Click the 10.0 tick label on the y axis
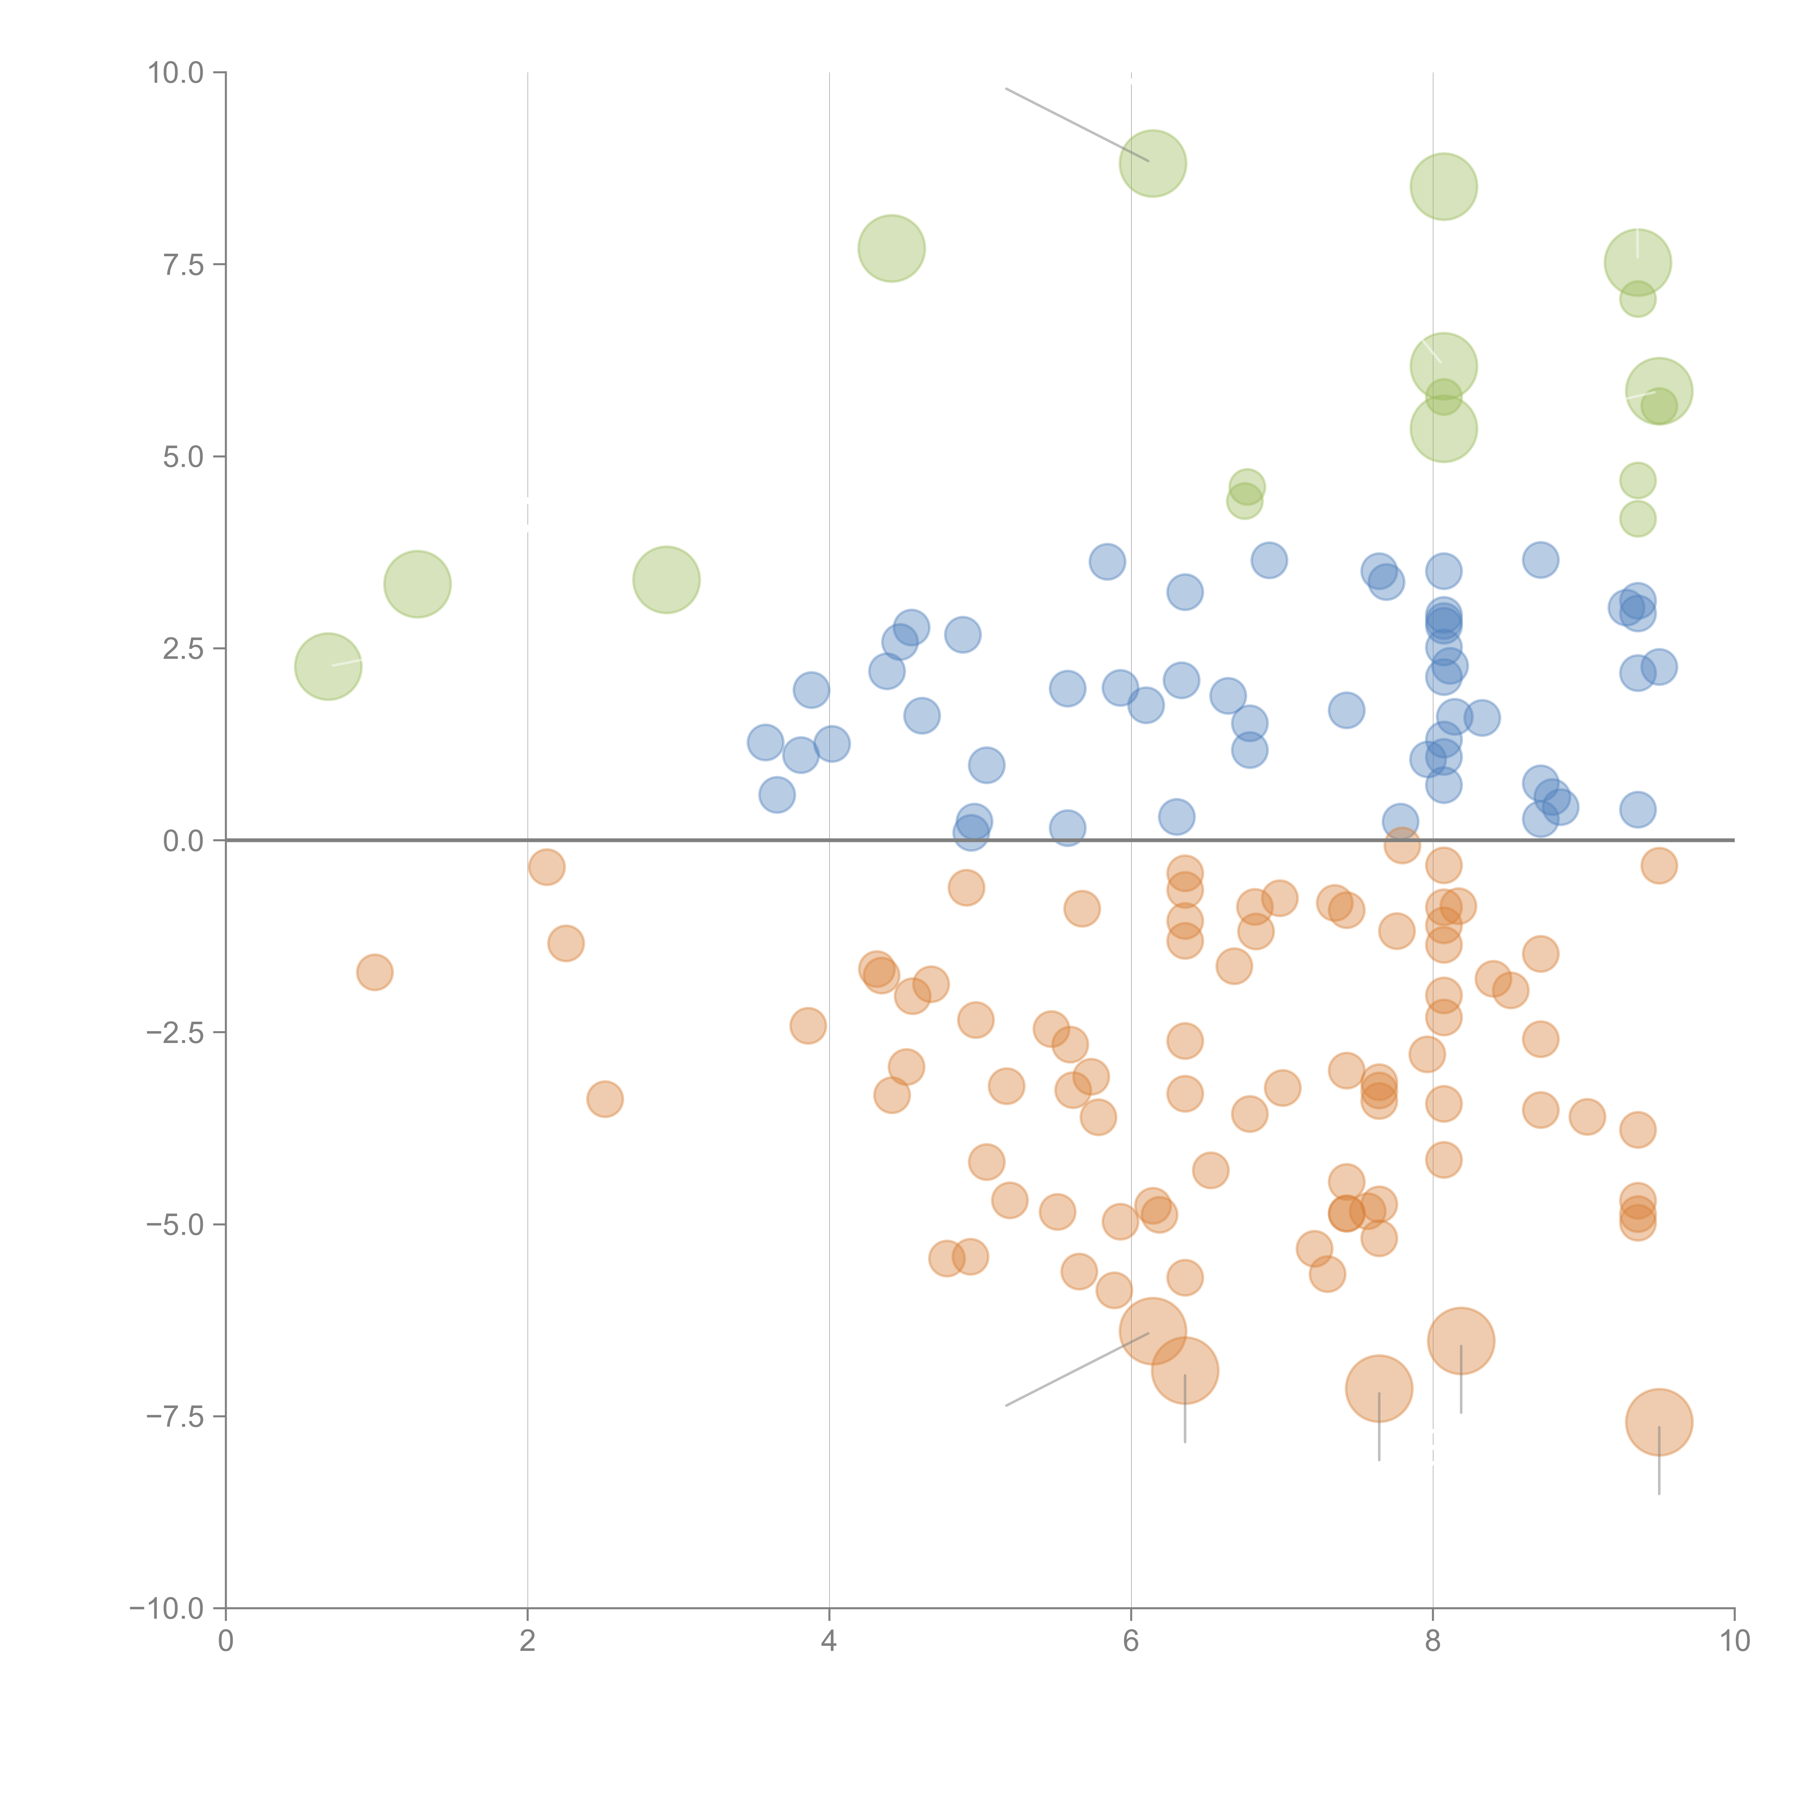pyautogui.click(x=176, y=73)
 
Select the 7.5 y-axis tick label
pyautogui.click(x=183, y=265)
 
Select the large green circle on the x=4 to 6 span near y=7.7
pyautogui.click(x=891, y=248)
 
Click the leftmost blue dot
pyautogui.click(x=765, y=743)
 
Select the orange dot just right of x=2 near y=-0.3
pyautogui.click(x=546, y=867)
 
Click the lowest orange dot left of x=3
pyautogui.click(x=605, y=1099)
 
